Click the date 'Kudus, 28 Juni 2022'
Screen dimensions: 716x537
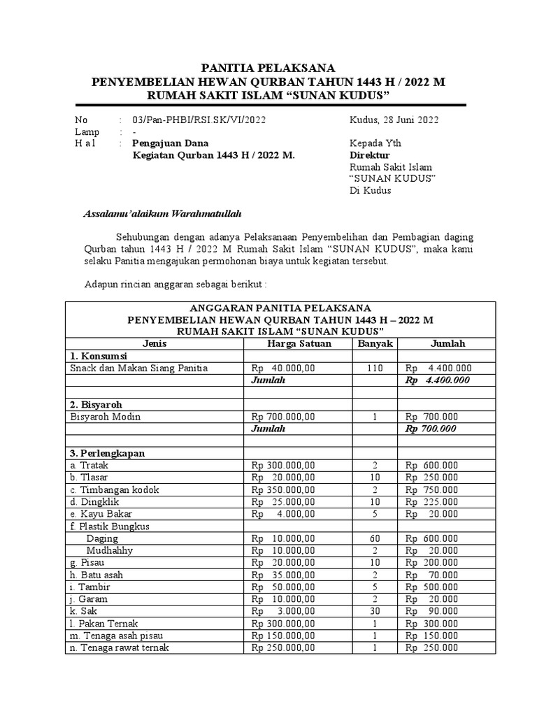click(x=394, y=120)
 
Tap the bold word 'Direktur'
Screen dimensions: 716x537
click(x=369, y=155)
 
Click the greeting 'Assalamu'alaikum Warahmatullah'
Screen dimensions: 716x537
click(x=162, y=213)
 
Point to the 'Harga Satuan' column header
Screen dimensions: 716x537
click(x=299, y=343)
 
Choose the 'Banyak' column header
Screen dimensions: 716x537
click(x=375, y=343)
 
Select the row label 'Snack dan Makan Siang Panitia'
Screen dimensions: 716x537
click(x=138, y=368)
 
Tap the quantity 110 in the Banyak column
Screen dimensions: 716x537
click(x=375, y=368)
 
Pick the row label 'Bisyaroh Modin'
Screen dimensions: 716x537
click(x=105, y=416)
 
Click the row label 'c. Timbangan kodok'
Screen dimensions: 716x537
click(x=112, y=489)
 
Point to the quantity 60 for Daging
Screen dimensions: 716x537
click(x=375, y=538)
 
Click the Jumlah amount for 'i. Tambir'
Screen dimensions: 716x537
click(x=431, y=587)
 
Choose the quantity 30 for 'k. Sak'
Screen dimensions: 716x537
click(x=375, y=611)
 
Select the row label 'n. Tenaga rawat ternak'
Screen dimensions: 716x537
click(x=119, y=647)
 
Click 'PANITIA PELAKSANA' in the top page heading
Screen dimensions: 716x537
click(x=268, y=68)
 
